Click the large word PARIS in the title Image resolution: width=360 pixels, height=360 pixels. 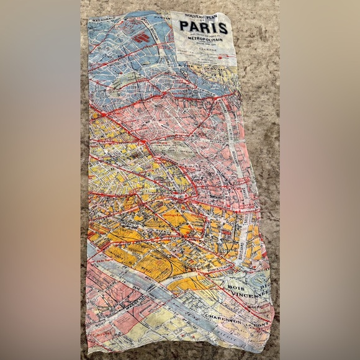[204, 28]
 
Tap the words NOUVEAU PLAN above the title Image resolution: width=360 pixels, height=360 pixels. [204, 17]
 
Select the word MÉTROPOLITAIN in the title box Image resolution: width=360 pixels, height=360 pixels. [203, 44]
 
